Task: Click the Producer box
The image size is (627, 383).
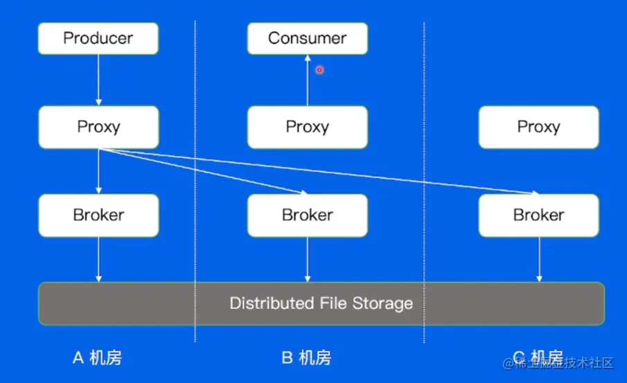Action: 98,38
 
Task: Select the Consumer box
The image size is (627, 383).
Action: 307,38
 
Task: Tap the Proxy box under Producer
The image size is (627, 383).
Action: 98,127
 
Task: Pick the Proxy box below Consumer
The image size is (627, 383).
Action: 307,127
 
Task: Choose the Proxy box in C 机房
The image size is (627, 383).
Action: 538,127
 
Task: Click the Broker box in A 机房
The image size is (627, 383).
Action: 98,215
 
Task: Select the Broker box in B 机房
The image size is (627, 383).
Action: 307,215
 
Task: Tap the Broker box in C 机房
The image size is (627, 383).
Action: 538,215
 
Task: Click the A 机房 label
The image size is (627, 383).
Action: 97,358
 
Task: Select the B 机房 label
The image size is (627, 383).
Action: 306,358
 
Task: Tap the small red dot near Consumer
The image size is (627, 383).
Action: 319,69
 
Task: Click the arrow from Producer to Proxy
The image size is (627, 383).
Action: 98,80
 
